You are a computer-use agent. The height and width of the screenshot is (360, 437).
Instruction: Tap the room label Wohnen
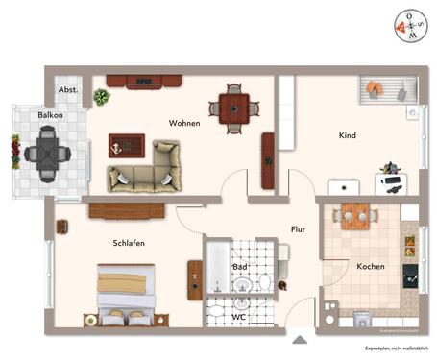pyautogui.click(x=184, y=124)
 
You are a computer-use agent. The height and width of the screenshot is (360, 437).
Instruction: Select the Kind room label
pyautogui.click(x=347, y=136)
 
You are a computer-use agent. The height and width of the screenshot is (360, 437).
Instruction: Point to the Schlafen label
pyautogui.click(x=128, y=244)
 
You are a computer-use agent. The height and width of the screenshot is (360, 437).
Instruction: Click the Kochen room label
pyautogui.click(x=371, y=266)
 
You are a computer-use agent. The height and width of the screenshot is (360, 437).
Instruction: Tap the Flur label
pyautogui.click(x=299, y=229)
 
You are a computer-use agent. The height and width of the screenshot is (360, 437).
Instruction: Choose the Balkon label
pyautogui.click(x=51, y=115)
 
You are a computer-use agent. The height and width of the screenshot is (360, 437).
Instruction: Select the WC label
pyautogui.click(x=241, y=315)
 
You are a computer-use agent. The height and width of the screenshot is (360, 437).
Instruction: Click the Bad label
pyautogui.click(x=240, y=267)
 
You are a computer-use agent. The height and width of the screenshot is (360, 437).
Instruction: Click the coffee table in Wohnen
pyautogui.click(x=126, y=146)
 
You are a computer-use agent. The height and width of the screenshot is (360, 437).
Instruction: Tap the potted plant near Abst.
pyautogui.click(x=101, y=96)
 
